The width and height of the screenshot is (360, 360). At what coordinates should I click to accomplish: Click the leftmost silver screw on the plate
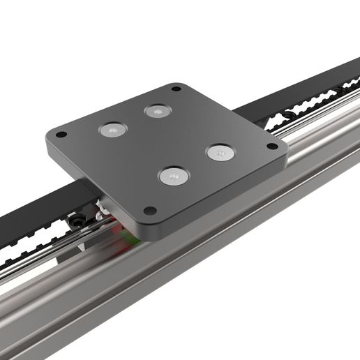(111, 130)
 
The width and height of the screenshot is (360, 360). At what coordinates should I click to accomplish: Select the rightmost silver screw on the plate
(218, 151)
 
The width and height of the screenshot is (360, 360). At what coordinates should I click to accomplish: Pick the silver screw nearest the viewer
(172, 177)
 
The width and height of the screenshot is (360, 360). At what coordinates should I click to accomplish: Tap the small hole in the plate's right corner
(271, 147)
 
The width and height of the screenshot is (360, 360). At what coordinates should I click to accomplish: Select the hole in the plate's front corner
(148, 210)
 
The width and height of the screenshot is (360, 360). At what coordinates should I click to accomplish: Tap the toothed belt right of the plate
(307, 105)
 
